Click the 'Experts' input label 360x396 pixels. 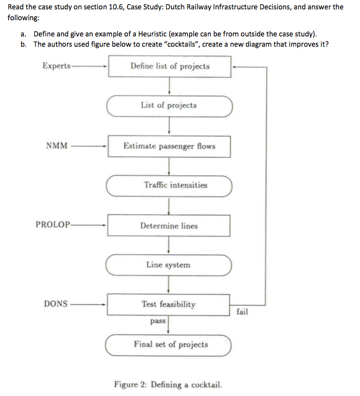point(57,66)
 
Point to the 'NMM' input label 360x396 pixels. point(57,146)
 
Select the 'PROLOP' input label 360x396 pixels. point(53,225)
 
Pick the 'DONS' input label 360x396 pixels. point(56,303)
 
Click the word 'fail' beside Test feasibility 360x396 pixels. point(242,312)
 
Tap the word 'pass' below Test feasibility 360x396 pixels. point(158,321)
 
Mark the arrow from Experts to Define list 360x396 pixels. point(89,67)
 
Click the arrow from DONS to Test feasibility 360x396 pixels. point(87,305)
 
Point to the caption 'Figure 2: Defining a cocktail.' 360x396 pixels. point(168,385)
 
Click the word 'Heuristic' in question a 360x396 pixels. point(152,34)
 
